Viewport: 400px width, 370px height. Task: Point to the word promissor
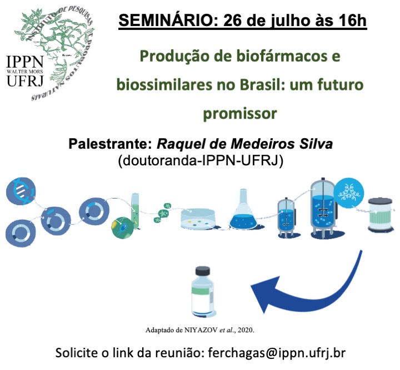tap(240, 114)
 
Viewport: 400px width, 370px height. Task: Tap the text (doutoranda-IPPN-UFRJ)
tap(201, 160)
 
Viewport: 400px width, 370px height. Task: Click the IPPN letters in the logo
tap(24, 62)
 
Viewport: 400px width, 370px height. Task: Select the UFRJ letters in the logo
tap(25, 80)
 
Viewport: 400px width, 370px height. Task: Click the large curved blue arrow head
tap(264, 295)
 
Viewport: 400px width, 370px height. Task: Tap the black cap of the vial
tap(203, 271)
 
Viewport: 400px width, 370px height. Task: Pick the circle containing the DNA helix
tap(21, 191)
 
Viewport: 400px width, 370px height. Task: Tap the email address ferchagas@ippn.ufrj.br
tap(277, 353)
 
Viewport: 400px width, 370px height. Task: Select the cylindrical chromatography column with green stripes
tap(380, 215)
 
